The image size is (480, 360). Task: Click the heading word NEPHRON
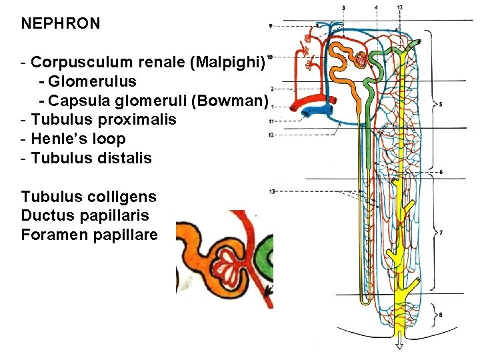coord(61,24)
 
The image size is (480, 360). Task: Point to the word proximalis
coord(141,120)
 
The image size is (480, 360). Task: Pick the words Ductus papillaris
coord(85,216)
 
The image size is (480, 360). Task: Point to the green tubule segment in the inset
coord(265,257)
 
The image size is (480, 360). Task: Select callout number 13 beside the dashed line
coord(272,191)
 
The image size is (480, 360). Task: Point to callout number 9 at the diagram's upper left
coord(271,26)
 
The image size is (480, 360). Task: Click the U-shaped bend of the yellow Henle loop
coord(365,301)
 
